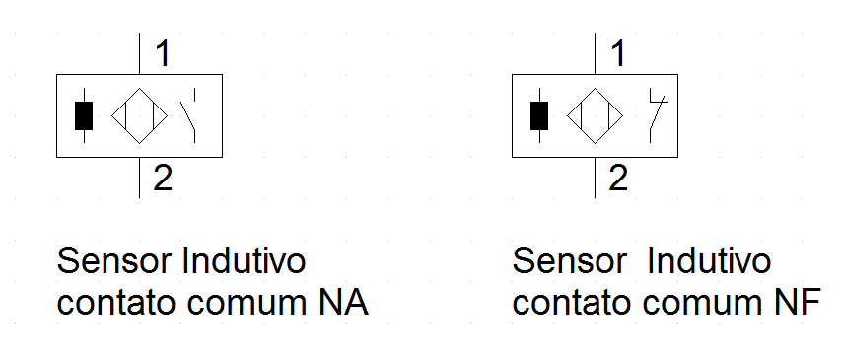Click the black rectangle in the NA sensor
pyautogui.click(x=85, y=115)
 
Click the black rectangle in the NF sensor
pyautogui.click(x=539, y=115)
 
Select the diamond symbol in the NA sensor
pyautogui.click(x=139, y=115)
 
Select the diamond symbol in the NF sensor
pyautogui.click(x=595, y=115)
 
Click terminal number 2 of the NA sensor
pyautogui.click(x=164, y=179)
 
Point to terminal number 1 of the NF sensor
pyautogui.click(x=618, y=53)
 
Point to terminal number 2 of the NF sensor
pyautogui.click(x=619, y=179)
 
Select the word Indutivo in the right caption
pyautogui.click(x=708, y=262)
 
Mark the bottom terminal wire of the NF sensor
pyautogui.click(x=595, y=178)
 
